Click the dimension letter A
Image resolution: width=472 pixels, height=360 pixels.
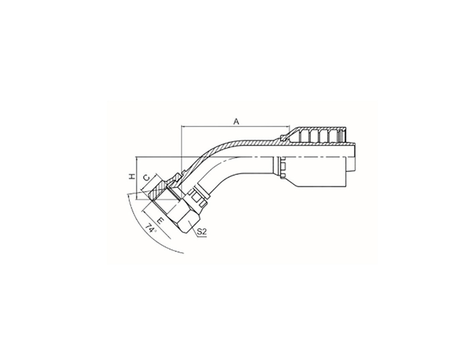tap(236, 122)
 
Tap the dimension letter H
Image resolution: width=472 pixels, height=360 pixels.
tap(132, 177)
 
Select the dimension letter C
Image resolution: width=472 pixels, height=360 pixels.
tap(146, 178)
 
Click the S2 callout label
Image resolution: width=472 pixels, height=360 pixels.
tap(202, 232)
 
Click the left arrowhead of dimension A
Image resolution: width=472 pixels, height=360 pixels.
tap(183, 126)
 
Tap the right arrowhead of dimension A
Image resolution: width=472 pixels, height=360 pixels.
tap(287, 126)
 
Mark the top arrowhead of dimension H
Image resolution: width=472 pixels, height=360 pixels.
tap(137, 159)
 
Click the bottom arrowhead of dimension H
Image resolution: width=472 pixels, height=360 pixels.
tap(137, 197)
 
